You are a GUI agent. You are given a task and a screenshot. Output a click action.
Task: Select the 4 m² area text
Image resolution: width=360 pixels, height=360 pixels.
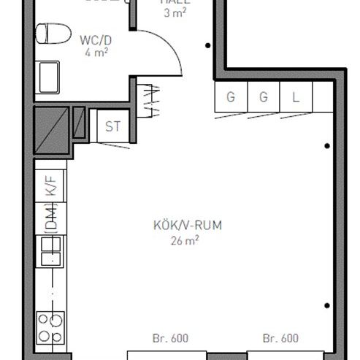[96, 53]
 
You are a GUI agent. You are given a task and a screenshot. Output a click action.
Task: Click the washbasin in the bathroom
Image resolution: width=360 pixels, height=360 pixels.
[49, 77]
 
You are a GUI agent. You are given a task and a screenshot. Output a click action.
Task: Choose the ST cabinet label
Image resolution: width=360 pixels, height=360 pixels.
[112, 126]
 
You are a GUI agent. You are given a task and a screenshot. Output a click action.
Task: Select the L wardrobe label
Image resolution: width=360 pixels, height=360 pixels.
[296, 97]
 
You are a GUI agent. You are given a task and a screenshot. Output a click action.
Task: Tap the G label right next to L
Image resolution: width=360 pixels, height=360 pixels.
[264, 97]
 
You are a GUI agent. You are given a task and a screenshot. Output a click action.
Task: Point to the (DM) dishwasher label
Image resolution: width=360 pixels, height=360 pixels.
[50, 216]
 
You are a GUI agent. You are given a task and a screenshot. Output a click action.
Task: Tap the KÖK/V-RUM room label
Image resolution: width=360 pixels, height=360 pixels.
[177, 225]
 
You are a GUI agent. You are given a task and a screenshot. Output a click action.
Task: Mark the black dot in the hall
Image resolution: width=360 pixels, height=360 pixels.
[209, 46]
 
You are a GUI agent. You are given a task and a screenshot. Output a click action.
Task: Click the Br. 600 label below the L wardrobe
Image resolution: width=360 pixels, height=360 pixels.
[281, 338]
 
